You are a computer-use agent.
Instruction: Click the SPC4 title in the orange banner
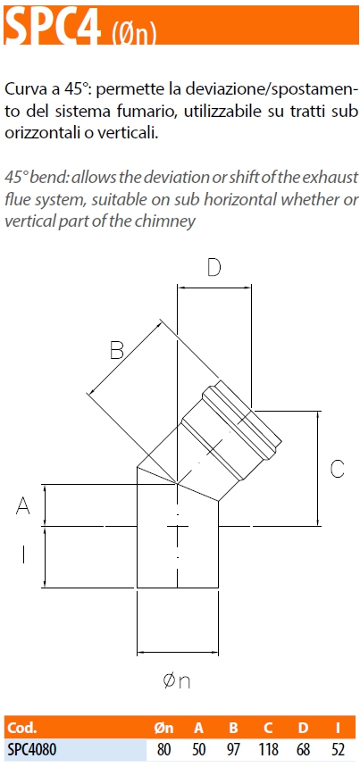[53, 25]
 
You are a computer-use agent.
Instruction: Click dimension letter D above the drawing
[214, 268]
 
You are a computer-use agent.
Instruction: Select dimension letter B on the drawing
[116, 350]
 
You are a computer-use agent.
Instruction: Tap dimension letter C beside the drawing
[337, 469]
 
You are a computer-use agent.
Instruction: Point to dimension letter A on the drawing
[23, 505]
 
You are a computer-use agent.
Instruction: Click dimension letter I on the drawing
[23, 554]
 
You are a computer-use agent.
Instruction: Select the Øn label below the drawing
[176, 681]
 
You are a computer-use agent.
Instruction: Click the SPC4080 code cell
[31, 749]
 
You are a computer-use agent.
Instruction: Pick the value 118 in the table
[268, 749]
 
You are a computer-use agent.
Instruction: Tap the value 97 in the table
[234, 749]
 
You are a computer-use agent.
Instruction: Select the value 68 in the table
[303, 749]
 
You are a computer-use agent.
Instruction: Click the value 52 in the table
[338, 749]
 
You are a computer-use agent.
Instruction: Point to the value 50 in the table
[198, 749]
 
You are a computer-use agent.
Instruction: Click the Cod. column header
[21, 728]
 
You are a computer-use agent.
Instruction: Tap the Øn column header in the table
[163, 728]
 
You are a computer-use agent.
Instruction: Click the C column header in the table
[268, 728]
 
